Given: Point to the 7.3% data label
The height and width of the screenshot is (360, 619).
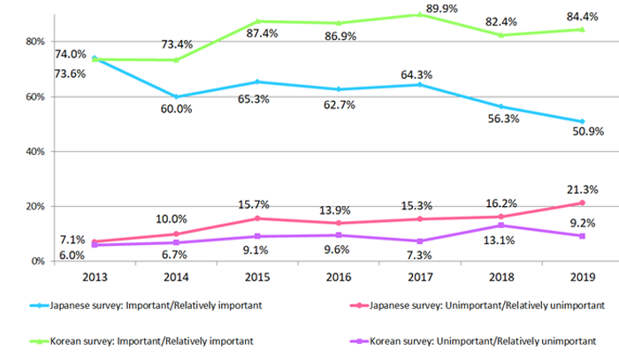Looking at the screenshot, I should click(418, 255).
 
